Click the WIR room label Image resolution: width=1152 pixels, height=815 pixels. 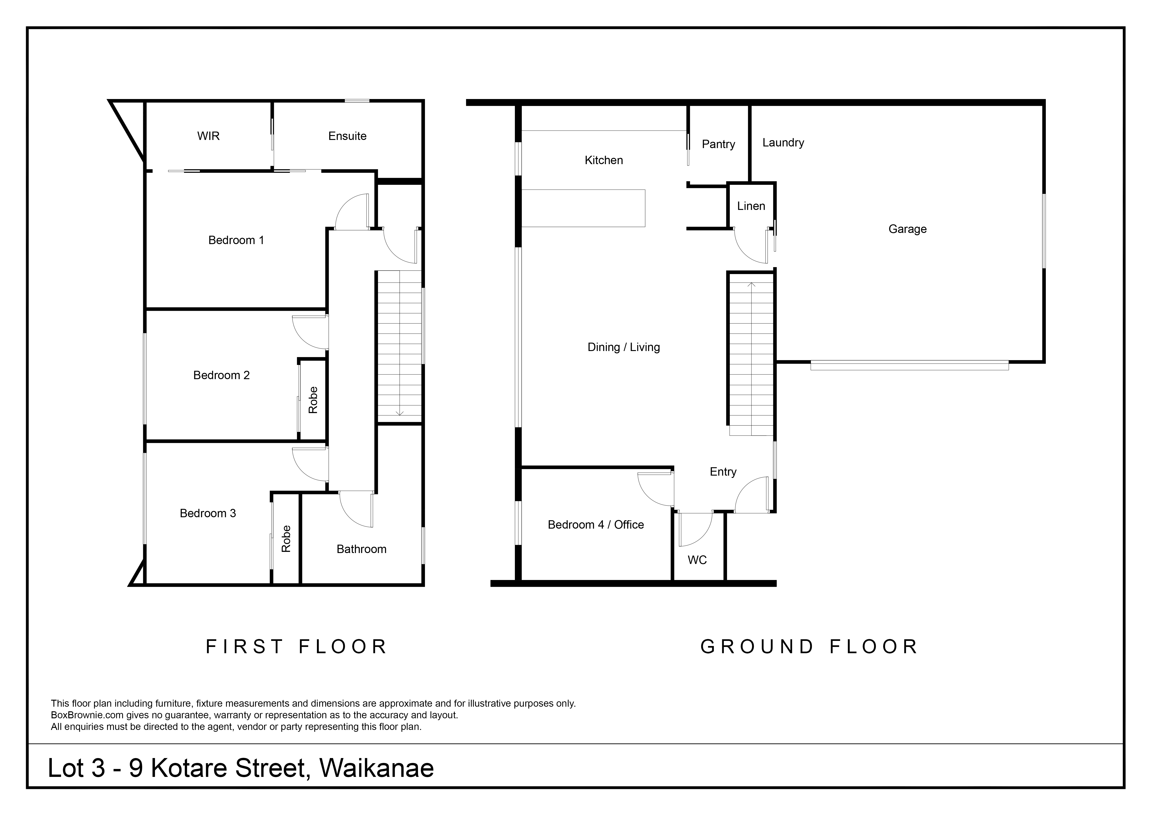coord(208,136)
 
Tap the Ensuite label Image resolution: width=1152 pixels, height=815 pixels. coord(347,136)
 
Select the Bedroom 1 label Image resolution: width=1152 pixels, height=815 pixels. coord(236,240)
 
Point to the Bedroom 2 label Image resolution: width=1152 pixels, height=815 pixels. coord(221,375)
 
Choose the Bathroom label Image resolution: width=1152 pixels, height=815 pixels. coord(361,549)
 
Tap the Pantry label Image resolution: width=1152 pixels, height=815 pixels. coord(718,145)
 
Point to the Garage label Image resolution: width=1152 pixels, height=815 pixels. coord(908,229)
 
